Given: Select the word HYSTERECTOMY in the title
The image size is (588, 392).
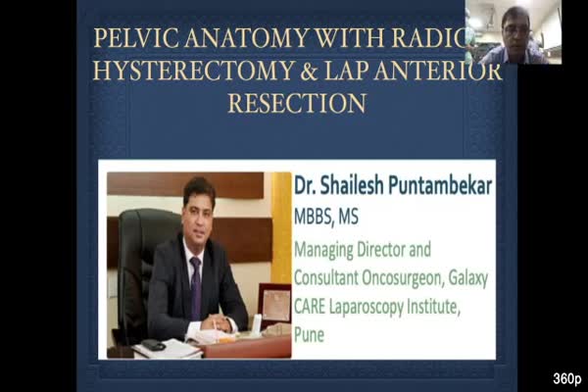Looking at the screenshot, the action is point(193,71).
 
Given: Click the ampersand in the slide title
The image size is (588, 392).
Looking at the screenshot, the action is point(309,71).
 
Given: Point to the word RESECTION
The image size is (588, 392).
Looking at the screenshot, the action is point(297,103).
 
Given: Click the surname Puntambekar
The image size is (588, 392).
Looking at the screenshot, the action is point(440,185).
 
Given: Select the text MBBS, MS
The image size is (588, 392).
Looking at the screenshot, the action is point(326,217).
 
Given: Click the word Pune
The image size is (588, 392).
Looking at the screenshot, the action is point(309,334).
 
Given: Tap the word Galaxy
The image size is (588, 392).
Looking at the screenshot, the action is point(468,278).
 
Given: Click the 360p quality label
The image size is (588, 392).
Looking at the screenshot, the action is point(566,378).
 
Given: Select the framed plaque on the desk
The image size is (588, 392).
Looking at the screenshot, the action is point(274,305).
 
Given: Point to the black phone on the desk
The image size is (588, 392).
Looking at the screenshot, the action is point(153,345).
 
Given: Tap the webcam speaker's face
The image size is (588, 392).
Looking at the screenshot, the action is point(514,31).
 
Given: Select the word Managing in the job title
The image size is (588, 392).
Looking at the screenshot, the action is point(323,250).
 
